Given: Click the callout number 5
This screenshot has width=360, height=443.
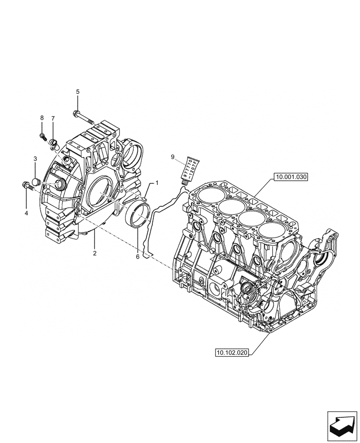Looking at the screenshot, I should click(78, 92).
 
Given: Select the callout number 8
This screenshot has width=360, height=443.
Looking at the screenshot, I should click(42, 118).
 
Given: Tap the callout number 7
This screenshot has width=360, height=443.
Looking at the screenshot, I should click(53, 118).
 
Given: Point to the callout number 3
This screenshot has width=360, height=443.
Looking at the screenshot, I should click(35, 158).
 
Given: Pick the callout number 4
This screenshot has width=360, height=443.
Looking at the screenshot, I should click(26, 213).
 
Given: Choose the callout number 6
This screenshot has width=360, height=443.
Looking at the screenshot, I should click(137, 256).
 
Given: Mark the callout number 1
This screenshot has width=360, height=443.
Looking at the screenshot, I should click(156, 183).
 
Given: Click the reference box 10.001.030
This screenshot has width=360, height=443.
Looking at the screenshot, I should click(291, 177).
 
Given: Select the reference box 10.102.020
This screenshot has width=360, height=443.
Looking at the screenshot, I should click(232, 353).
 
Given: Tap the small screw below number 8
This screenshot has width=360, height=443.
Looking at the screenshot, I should click(43, 136).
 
